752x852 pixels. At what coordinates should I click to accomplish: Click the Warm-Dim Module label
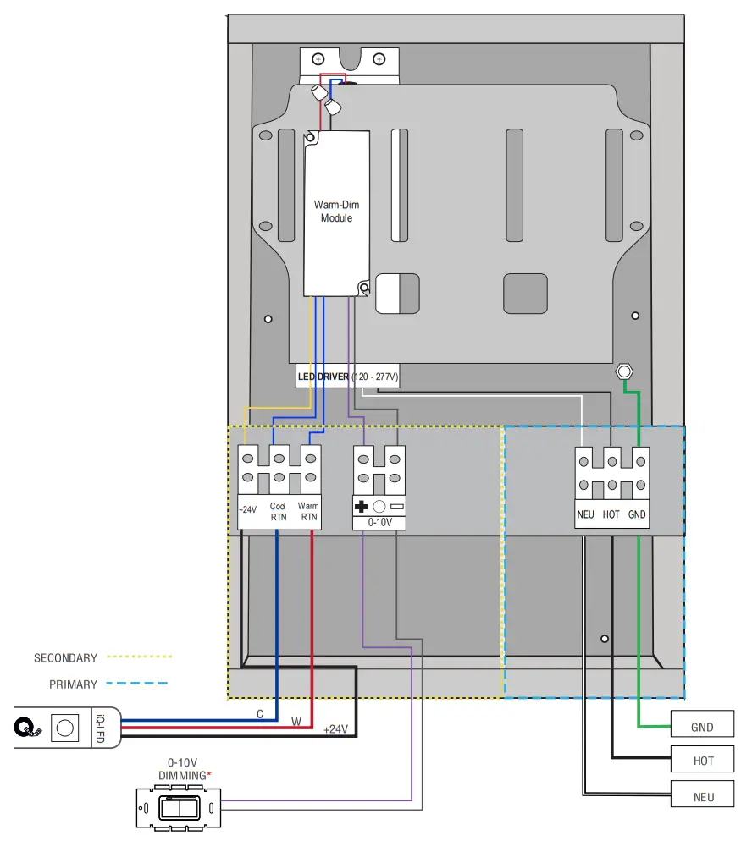coord(336,212)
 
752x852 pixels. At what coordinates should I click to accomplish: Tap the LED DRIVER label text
coord(323,377)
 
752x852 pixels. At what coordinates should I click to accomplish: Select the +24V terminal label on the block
coord(247,510)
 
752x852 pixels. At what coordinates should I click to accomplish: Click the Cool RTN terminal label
coord(278,512)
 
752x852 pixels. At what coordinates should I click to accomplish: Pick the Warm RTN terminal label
coord(308,512)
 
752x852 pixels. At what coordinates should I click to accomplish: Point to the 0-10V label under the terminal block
coord(379,524)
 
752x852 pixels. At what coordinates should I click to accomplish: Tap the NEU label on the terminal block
coord(585,514)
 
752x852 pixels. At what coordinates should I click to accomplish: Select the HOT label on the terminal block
coord(611,514)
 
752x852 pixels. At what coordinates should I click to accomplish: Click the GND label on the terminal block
coord(638,514)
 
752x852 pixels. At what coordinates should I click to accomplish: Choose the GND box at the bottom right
coord(702,727)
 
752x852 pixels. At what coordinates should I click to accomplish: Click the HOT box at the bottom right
coord(703,761)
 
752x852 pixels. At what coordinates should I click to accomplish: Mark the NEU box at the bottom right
coord(703,797)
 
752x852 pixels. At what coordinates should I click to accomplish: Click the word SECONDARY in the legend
coord(65,657)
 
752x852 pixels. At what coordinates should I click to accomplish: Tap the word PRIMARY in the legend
coord(73,684)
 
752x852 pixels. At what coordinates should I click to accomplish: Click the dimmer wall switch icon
coord(179,808)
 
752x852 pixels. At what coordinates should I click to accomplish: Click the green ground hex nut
coord(624,372)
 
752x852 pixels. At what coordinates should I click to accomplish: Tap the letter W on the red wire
coord(296,723)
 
